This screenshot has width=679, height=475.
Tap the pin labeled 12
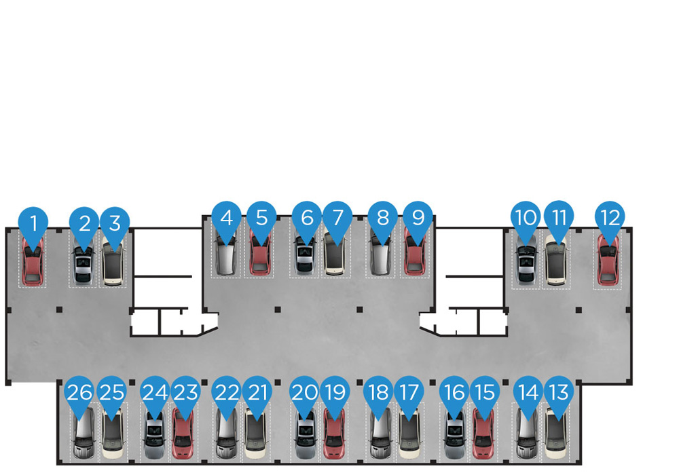point(610,218)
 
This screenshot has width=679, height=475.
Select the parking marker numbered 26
point(79,393)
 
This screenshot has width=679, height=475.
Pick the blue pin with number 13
point(558,392)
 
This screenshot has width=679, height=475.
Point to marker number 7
point(337,218)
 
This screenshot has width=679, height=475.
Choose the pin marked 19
point(335,392)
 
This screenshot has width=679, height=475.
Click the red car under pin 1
point(33,263)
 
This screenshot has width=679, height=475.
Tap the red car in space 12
point(608,261)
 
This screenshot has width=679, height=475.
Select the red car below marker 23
point(183,434)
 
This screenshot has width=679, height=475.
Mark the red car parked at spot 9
point(415,254)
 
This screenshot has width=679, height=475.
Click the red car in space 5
point(260,254)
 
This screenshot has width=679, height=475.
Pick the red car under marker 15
point(483,434)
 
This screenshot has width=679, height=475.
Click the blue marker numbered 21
point(257,392)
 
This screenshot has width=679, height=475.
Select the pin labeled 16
point(454,392)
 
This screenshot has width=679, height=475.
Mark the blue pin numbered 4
point(226,218)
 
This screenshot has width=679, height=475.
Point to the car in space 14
point(527,434)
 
